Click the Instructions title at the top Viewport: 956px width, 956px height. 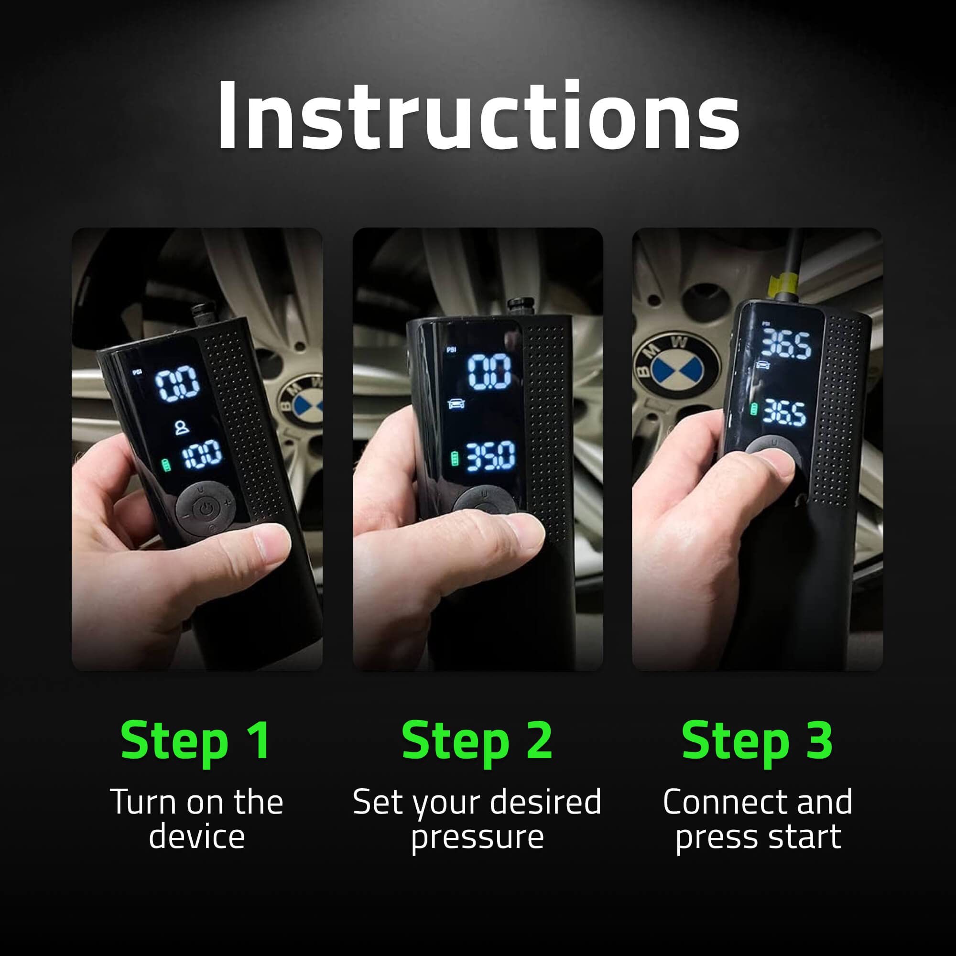(478, 115)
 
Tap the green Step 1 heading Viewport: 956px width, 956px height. (196, 741)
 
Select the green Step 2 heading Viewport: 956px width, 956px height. (477, 741)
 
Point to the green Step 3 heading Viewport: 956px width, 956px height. (757, 741)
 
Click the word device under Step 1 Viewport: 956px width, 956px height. (196, 837)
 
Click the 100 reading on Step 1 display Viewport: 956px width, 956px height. (202, 454)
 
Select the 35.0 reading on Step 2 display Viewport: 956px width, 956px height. (491, 456)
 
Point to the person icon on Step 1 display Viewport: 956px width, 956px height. (182, 427)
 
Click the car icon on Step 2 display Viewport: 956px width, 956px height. (456, 404)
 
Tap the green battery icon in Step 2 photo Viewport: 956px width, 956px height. (455, 459)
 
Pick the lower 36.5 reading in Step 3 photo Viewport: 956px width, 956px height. (784, 412)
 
